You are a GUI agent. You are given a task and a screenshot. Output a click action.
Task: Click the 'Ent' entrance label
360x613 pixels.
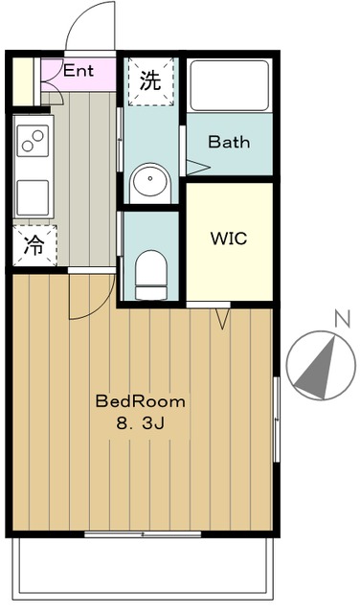point(79,70)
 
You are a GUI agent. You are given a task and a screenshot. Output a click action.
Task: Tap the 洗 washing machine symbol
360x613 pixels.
point(151,81)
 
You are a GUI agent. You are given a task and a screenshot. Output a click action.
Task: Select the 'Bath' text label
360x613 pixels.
point(229,143)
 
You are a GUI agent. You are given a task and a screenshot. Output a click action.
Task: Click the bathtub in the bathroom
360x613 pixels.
point(229,85)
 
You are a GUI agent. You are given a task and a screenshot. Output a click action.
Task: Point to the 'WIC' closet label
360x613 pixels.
point(229,238)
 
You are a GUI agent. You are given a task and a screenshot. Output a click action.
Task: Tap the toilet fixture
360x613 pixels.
point(150,270)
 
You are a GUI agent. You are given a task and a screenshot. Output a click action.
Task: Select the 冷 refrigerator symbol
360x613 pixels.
point(34,245)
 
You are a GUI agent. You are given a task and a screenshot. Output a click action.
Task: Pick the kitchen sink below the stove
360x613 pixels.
point(33,196)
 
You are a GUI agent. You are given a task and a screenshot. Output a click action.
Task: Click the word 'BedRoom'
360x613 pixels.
point(140,401)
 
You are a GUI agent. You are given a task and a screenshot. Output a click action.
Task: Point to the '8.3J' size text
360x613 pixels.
point(140,422)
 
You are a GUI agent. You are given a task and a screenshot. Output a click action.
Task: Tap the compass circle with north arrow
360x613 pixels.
point(317,366)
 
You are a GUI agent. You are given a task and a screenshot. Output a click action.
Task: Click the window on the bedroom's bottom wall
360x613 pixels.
point(144,533)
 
